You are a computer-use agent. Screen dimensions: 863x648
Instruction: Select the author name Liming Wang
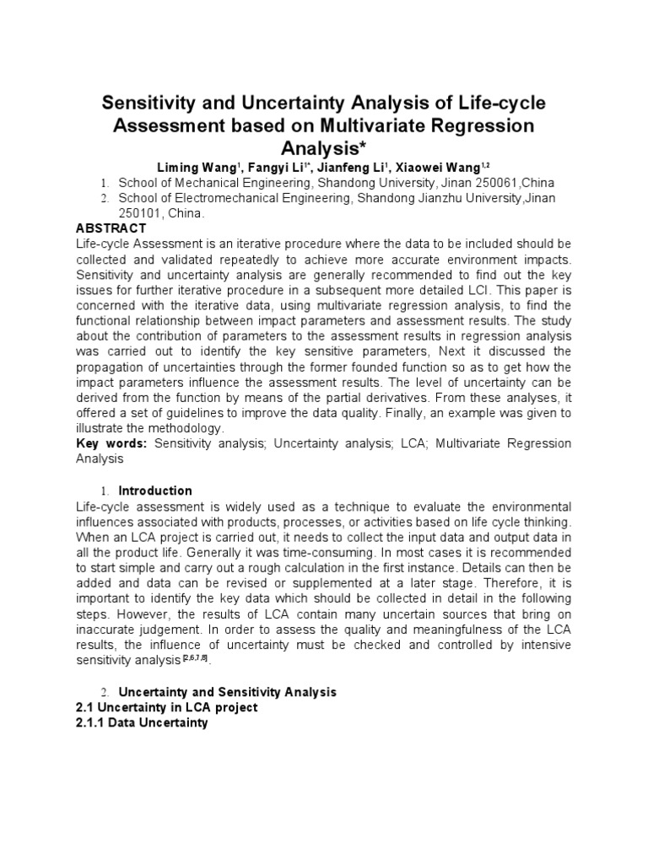tap(209, 168)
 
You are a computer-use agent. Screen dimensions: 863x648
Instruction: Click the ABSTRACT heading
tap(111, 228)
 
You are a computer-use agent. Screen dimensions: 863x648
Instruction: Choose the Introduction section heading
tap(155, 490)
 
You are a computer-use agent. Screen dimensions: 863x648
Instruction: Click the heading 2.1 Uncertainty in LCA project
tap(166, 707)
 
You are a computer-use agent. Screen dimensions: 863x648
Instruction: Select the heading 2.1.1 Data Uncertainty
tap(142, 723)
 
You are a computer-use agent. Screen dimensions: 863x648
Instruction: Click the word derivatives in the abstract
tap(394, 397)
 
